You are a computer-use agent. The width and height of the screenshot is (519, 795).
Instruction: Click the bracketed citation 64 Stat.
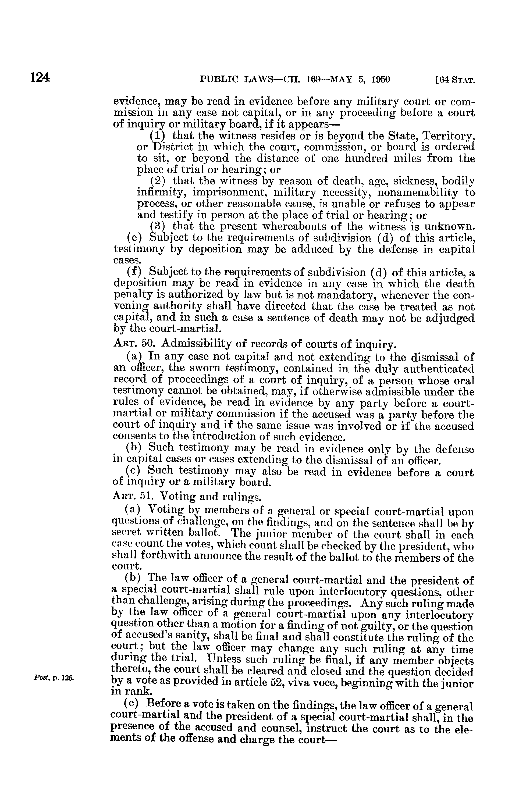pyautogui.click(x=454, y=80)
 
